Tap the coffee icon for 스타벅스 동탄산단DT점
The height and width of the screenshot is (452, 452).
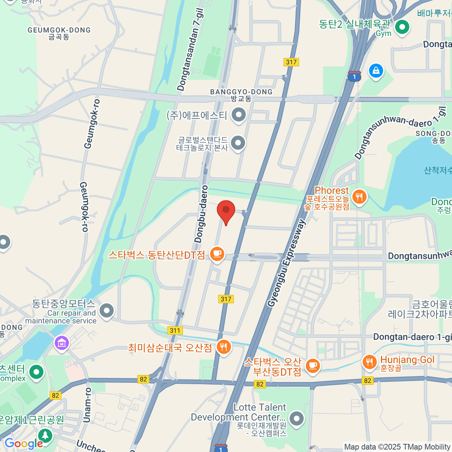[217, 253]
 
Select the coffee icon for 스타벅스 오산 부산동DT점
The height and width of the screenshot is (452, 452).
[312, 365]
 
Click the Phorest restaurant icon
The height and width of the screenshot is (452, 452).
[359, 197]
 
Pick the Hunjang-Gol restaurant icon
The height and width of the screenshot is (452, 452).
[370, 362]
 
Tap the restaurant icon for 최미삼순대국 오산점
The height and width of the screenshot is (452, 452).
[224, 347]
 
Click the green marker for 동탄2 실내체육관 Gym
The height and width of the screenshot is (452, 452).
[402, 27]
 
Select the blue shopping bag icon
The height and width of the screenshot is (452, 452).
[376, 70]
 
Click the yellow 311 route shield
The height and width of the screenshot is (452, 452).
[175, 330]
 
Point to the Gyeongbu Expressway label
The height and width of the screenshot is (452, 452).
[286, 263]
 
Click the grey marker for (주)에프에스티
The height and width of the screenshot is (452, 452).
[238, 115]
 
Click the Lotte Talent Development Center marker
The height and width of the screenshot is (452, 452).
[296, 418]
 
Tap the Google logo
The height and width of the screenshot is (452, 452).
[23, 444]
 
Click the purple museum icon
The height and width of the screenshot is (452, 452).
[62, 343]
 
